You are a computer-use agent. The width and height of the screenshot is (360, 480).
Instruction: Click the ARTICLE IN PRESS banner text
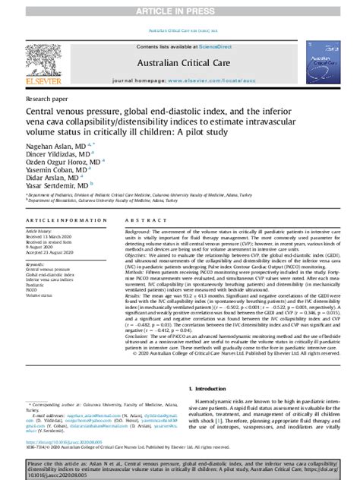tap(179, 10)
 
